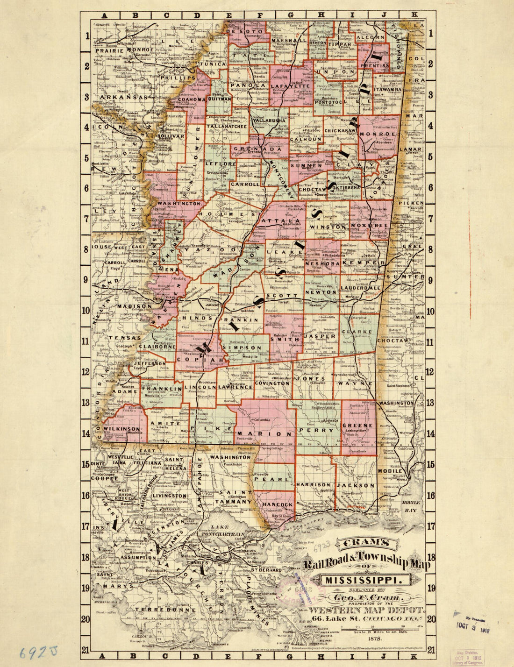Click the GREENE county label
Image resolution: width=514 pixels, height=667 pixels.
357,426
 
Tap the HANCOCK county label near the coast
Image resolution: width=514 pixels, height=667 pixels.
277,505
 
